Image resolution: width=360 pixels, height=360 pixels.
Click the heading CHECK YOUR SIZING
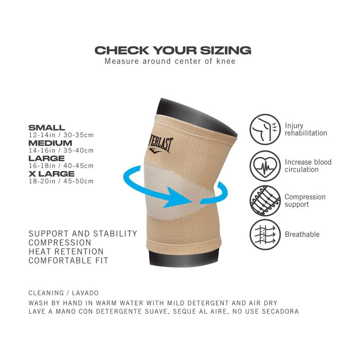(x=173, y=50)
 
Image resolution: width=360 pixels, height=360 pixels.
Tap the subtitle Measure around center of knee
(x=170, y=61)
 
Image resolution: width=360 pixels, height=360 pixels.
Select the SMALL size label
(x=47, y=128)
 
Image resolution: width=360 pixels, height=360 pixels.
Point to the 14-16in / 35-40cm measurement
(x=61, y=150)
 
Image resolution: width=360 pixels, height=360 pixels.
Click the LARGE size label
(x=46, y=158)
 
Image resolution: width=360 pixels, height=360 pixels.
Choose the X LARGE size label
(x=51, y=174)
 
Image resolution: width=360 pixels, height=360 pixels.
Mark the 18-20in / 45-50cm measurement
(x=61, y=181)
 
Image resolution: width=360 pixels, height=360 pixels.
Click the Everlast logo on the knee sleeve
(x=160, y=144)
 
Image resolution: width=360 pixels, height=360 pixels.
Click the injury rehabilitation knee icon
(x=265, y=130)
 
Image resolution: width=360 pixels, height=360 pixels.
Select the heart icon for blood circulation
(x=265, y=166)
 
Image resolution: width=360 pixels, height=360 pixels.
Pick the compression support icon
(x=265, y=201)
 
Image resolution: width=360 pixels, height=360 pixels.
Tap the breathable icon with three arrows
(x=265, y=234)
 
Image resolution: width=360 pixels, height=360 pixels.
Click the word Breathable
(x=302, y=234)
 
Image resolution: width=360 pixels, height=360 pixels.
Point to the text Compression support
(x=305, y=201)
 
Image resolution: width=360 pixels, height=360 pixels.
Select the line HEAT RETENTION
(x=66, y=252)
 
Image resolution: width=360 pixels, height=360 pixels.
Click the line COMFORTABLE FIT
(x=68, y=261)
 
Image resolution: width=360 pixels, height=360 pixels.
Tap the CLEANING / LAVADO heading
(x=63, y=293)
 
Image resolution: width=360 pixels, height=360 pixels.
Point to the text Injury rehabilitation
(x=306, y=130)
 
